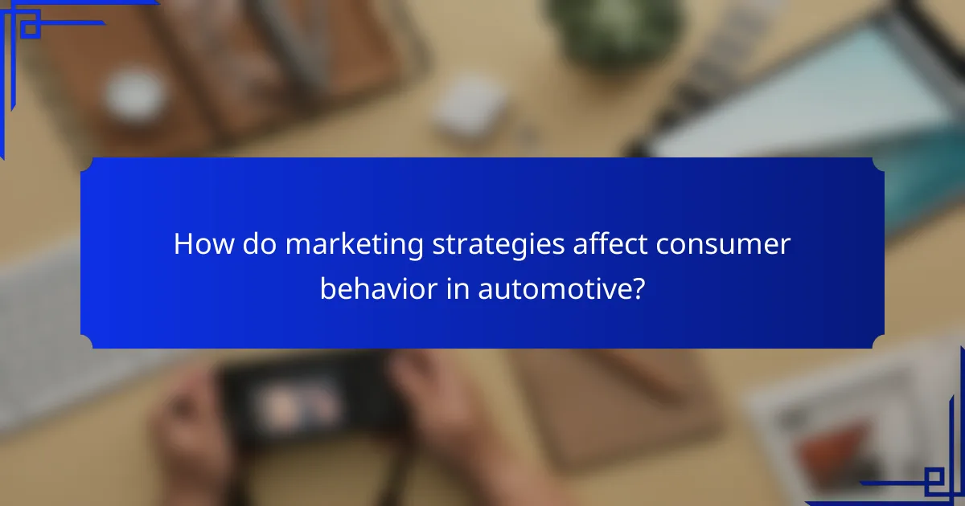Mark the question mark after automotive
pos(639,287)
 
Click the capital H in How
pos(183,245)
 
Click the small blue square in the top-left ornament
pos(31,29)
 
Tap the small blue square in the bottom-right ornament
pos(933,480)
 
